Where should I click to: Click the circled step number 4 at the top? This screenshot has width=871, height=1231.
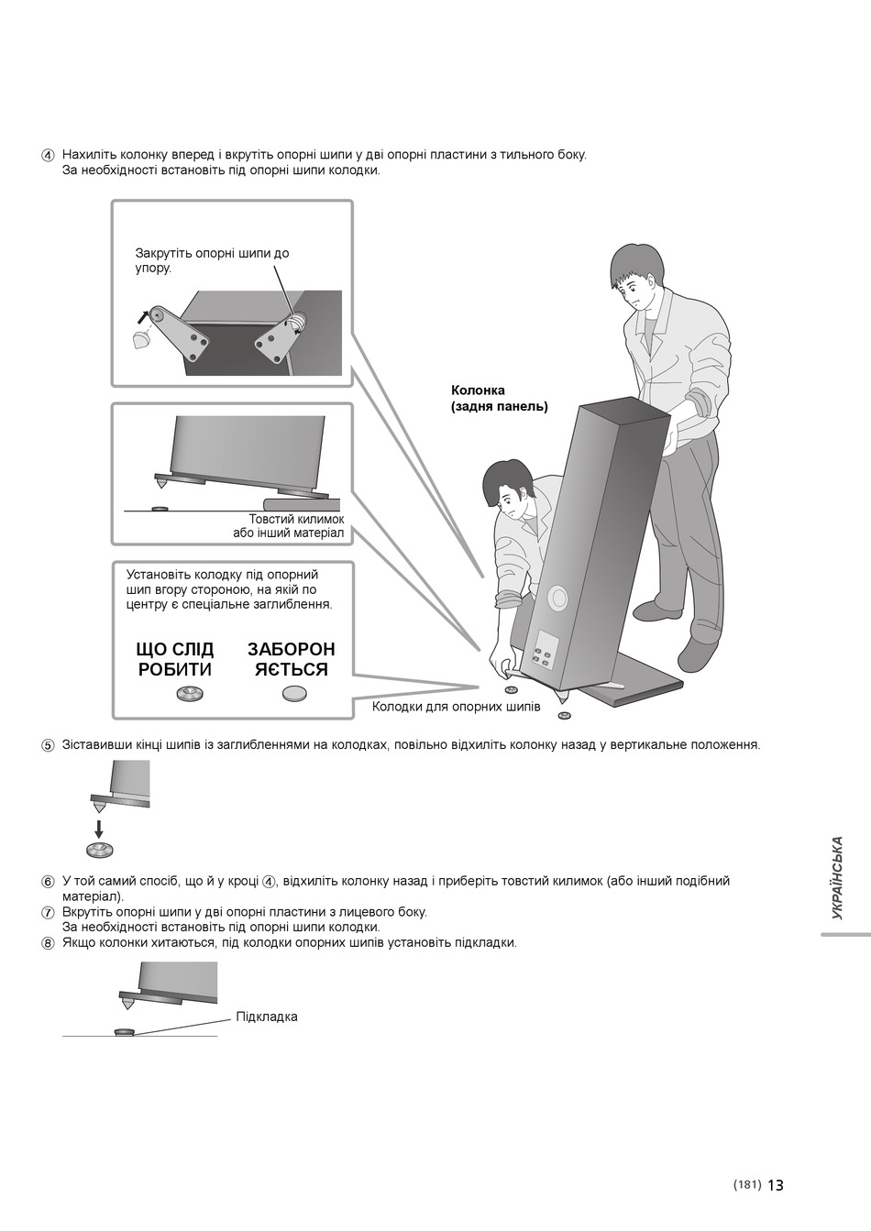pyautogui.click(x=48, y=155)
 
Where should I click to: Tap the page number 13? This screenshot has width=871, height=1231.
pyautogui.click(x=776, y=1185)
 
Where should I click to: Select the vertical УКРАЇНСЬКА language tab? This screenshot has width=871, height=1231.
pyautogui.click(x=837, y=878)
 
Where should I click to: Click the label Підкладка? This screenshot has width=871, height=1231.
pyautogui.click(x=267, y=1017)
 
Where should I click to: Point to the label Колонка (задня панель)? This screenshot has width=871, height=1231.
pyautogui.click(x=499, y=399)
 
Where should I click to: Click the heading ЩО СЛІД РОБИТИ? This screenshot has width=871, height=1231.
pyautogui.click(x=175, y=659)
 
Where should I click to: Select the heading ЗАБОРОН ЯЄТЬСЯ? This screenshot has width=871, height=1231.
pyautogui.click(x=292, y=659)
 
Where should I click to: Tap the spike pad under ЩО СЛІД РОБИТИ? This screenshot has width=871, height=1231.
pyautogui.click(x=191, y=694)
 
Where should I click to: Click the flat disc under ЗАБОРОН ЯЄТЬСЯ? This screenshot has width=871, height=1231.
pyautogui.click(x=295, y=694)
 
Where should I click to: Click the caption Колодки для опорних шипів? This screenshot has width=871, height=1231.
pyautogui.click(x=456, y=707)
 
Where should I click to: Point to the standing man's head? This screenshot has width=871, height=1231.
pyautogui.click(x=636, y=273)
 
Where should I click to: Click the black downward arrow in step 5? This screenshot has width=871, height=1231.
pyautogui.click(x=99, y=827)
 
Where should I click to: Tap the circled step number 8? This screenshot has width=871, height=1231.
pyautogui.click(x=48, y=943)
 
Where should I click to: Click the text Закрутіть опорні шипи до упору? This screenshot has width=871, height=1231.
pyautogui.click(x=212, y=260)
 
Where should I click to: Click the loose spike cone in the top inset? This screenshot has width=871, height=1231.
pyautogui.click(x=141, y=341)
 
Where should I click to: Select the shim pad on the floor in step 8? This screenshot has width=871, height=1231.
pyautogui.click(x=124, y=1032)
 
